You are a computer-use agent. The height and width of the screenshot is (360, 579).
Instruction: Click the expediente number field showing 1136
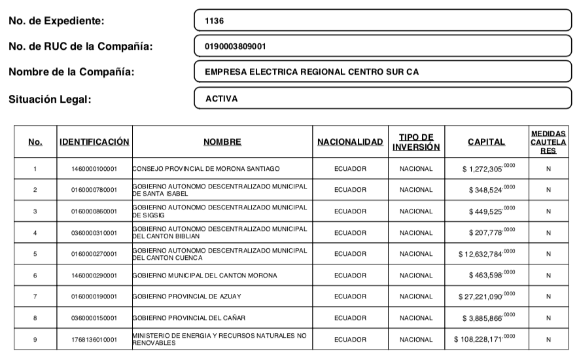pos(383,20)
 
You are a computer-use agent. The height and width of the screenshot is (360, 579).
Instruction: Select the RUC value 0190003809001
pos(383,46)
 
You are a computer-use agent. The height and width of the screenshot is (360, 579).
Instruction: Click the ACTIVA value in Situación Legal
pos(383,99)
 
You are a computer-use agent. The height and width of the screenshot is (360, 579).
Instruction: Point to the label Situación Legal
pos(50,99)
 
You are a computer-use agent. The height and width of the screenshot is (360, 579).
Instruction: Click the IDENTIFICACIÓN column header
pos(94,142)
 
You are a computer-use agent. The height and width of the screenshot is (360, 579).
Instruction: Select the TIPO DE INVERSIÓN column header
pos(416,142)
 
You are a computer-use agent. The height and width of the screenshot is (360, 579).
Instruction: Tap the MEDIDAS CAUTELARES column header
pos(548,142)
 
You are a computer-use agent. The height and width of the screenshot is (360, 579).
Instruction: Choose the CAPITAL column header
pos(486,142)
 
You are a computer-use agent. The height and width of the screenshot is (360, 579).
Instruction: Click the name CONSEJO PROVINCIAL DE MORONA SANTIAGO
pos(206,169)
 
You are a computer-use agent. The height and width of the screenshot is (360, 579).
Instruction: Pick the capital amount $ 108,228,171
pos(485,339)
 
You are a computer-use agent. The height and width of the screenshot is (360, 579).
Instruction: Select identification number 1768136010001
pos(94,340)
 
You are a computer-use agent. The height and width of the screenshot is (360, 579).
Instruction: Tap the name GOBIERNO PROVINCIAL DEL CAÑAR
pos(189,318)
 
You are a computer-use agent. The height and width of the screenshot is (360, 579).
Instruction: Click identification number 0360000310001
pos(94,233)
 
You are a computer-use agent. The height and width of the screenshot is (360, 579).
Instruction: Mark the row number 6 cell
pos(35,276)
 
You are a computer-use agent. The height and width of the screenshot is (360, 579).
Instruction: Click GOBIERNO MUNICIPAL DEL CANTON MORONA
pos(204,276)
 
